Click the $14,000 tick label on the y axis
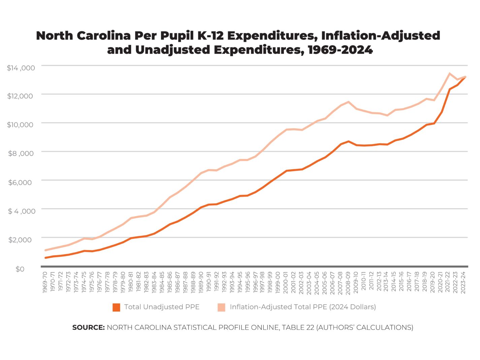click(21, 68)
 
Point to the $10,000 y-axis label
click(20, 125)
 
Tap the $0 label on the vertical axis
click(20, 269)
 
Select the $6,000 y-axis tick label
click(20, 183)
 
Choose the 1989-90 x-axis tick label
click(201, 283)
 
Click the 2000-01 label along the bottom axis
click(286, 283)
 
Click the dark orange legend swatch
click(116, 307)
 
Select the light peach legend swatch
click(221, 307)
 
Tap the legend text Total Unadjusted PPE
click(162, 307)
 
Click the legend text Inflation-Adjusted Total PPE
click(302, 307)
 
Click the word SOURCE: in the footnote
click(89, 327)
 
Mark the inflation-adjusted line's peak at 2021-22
click(450, 73)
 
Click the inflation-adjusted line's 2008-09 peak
click(348, 102)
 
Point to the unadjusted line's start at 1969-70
click(45, 258)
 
